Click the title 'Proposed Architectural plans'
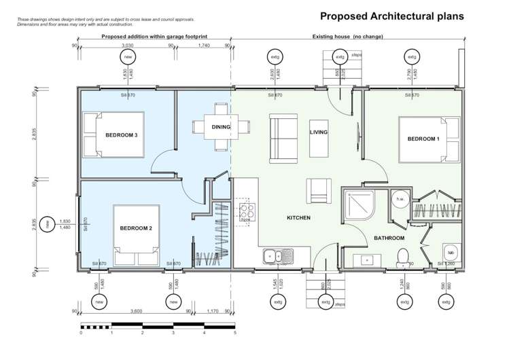[392, 16]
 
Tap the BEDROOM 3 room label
[122, 135]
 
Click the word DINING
[221, 126]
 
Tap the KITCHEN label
[298, 218]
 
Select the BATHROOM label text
[389, 238]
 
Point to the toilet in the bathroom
[402, 257]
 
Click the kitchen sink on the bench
[278, 256]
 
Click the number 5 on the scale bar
[234, 333]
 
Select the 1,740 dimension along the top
[203, 46]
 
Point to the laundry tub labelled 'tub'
[450, 252]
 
